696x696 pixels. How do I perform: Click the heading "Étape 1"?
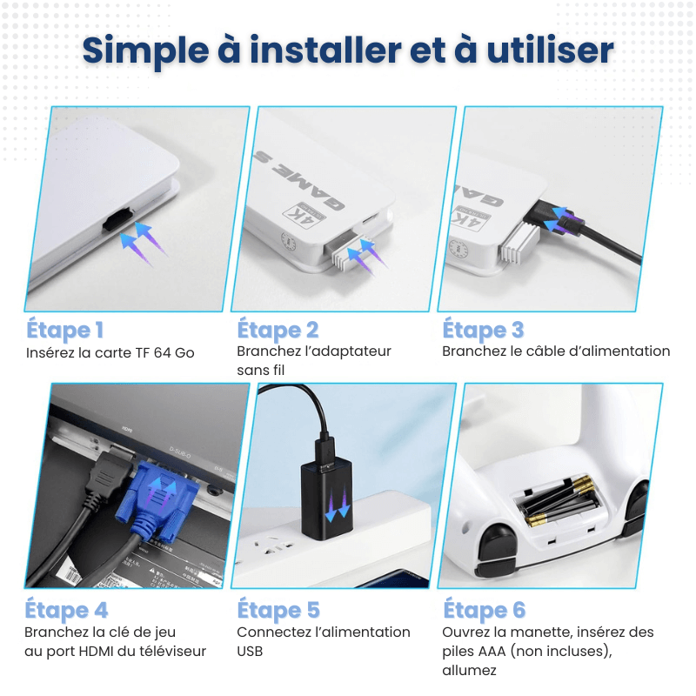point(64,330)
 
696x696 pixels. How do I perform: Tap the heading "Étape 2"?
point(278,330)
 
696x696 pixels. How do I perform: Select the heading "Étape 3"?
point(484,330)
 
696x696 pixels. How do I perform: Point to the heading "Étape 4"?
point(67,610)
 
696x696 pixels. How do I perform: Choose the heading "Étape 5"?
point(278,610)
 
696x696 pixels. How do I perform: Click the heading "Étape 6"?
point(485,610)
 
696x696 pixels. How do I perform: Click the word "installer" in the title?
point(325,50)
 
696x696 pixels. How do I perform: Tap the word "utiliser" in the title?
point(551,50)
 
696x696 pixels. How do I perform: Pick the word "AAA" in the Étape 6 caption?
point(492,651)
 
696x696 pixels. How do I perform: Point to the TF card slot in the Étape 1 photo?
point(117,219)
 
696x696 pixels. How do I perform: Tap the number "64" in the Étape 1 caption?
point(162,353)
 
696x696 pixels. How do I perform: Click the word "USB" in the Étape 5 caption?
point(250,651)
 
